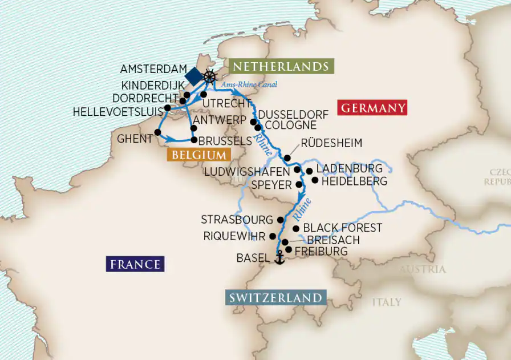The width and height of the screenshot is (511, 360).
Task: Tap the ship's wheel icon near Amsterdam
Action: coord(210,76)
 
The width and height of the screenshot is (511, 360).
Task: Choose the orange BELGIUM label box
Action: coord(197,155)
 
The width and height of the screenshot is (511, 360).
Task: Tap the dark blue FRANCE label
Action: coord(135,264)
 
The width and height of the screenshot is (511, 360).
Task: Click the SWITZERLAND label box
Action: coord(275,298)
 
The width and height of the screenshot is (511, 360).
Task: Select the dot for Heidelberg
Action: coord(314,180)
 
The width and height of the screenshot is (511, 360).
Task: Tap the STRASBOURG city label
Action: coord(237,220)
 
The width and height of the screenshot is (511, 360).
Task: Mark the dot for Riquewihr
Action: coord(273,236)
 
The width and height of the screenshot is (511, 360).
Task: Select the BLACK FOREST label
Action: coord(342,228)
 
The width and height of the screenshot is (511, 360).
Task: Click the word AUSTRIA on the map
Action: coord(422,269)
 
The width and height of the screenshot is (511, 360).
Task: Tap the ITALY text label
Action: coord(387,302)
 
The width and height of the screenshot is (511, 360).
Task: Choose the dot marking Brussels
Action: coord(194,140)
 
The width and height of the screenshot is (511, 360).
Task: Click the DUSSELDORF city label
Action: coord(293,115)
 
